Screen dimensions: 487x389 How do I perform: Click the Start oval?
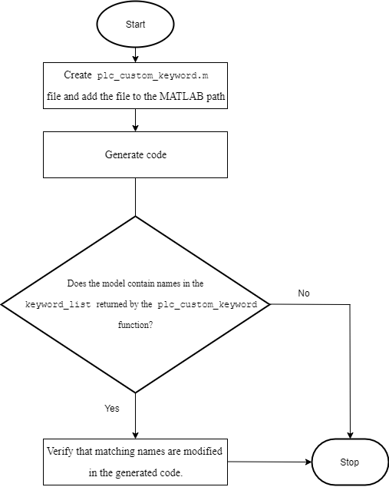pos(135,25)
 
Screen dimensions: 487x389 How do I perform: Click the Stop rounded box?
pos(350,462)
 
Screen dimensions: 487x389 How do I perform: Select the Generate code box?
pos(135,154)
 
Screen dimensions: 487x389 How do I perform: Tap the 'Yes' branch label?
pos(112,408)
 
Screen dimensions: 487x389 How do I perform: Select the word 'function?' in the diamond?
pos(135,325)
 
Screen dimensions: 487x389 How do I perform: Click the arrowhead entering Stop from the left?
pos(308,462)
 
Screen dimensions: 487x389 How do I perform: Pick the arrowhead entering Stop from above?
pos(350,435)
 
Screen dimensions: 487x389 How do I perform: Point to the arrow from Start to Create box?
pos(135,54)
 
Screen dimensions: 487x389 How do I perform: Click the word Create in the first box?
pos(78,77)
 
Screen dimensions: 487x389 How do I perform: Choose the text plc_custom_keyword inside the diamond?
pos(213,304)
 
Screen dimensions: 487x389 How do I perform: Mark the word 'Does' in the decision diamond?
pos(78,283)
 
